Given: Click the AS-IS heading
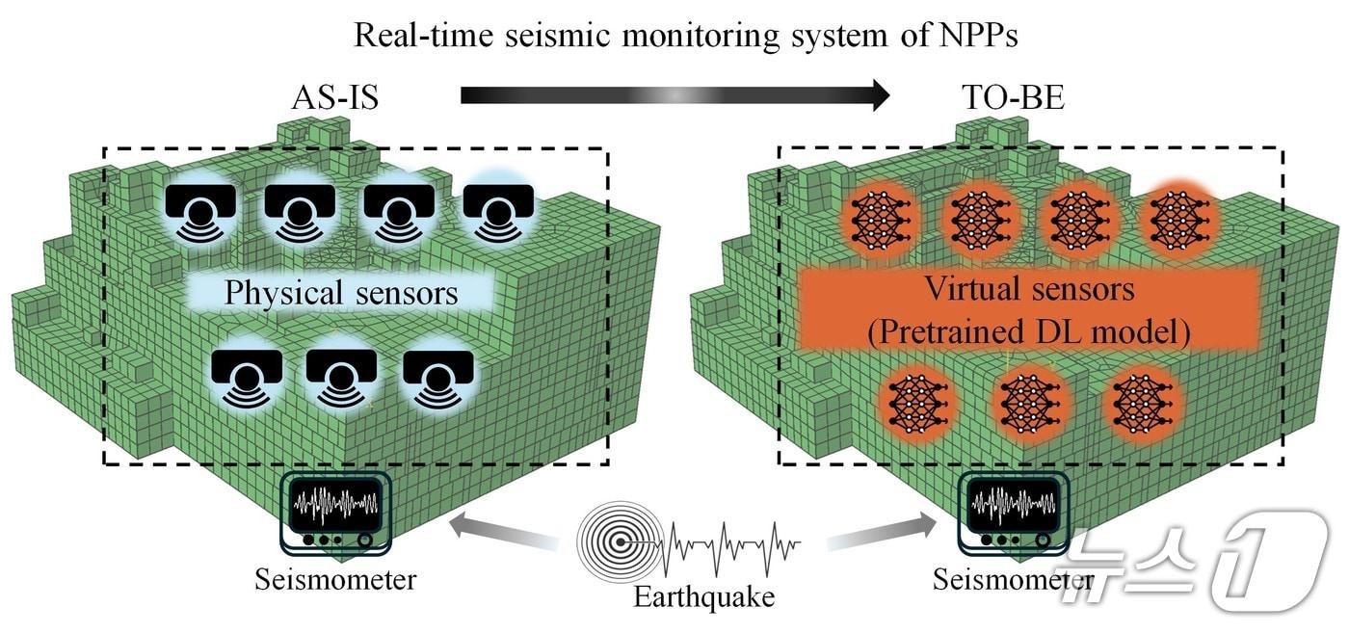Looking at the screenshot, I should pos(334,98).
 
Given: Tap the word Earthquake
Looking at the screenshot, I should pos(703,597).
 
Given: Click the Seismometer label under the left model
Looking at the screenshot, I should pos(335,580).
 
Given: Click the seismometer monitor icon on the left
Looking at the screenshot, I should pos(337,512).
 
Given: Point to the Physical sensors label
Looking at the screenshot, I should pos(341,293).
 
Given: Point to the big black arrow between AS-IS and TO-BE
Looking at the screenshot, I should pos(674,95).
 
